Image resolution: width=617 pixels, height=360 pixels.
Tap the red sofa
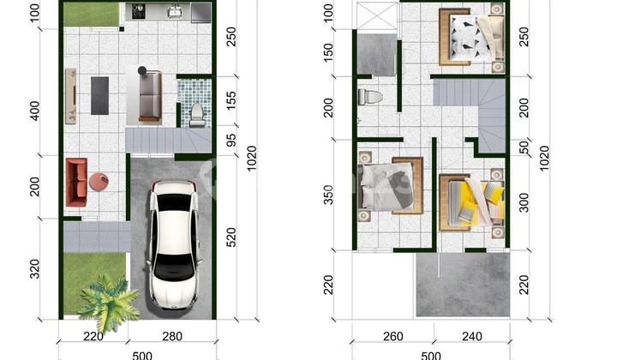point(75,182)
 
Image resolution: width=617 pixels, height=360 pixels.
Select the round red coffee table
point(99,182)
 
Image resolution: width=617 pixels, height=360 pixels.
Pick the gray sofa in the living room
point(147,95)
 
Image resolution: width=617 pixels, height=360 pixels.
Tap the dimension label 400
point(34,111)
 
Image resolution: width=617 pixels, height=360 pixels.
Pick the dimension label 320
point(34,270)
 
